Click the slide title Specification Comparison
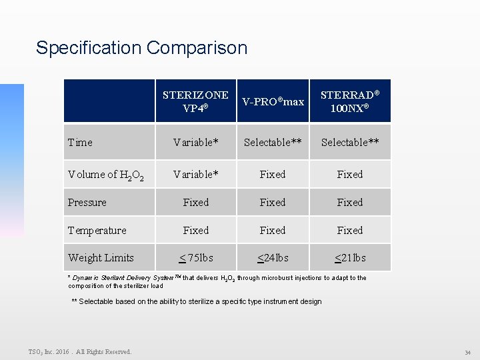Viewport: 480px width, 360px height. [x=141, y=48]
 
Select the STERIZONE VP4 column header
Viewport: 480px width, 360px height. [x=195, y=101]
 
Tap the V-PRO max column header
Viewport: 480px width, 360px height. [x=273, y=101]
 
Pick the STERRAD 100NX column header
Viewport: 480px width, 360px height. [x=350, y=101]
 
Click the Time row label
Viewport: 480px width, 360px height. [x=81, y=142]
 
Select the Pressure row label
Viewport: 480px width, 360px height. [x=87, y=203]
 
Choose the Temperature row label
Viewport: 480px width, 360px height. [x=97, y=231]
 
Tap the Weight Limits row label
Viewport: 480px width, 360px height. [x=101, y=258]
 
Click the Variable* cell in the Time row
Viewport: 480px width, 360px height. [x=195, y=142]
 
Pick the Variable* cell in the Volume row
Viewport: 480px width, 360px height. [x=195, y=175]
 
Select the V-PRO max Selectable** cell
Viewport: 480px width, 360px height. [x=273, y=142]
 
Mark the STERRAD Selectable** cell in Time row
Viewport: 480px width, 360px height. [x=350, y=142]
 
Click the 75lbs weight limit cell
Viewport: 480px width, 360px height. [x=195, y=258]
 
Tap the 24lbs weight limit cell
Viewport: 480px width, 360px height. [x=273, y=258]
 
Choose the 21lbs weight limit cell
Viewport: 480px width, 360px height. [x=350, y=258]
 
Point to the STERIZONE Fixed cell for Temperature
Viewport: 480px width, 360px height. [x=195, y=231]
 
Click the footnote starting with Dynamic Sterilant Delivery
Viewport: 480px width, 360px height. [x=217, y=281]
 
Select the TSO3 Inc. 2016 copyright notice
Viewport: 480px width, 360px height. [x=80, y=352]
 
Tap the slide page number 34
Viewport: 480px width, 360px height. [x=467, y=352]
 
